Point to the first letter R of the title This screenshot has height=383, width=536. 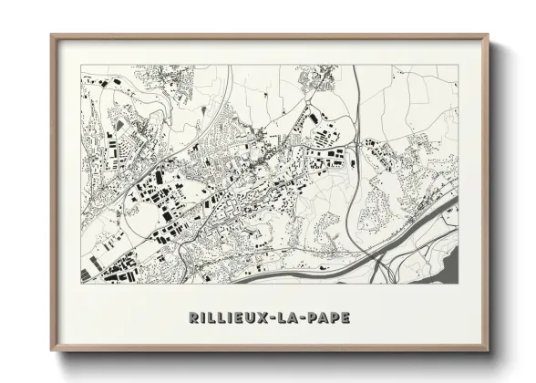point(194,317)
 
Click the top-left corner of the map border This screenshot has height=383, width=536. point(81,66)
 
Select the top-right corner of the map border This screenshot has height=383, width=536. point(459,66)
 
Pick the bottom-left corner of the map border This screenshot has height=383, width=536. point(81,283)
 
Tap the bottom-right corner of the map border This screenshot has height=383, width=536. point(459,283)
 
